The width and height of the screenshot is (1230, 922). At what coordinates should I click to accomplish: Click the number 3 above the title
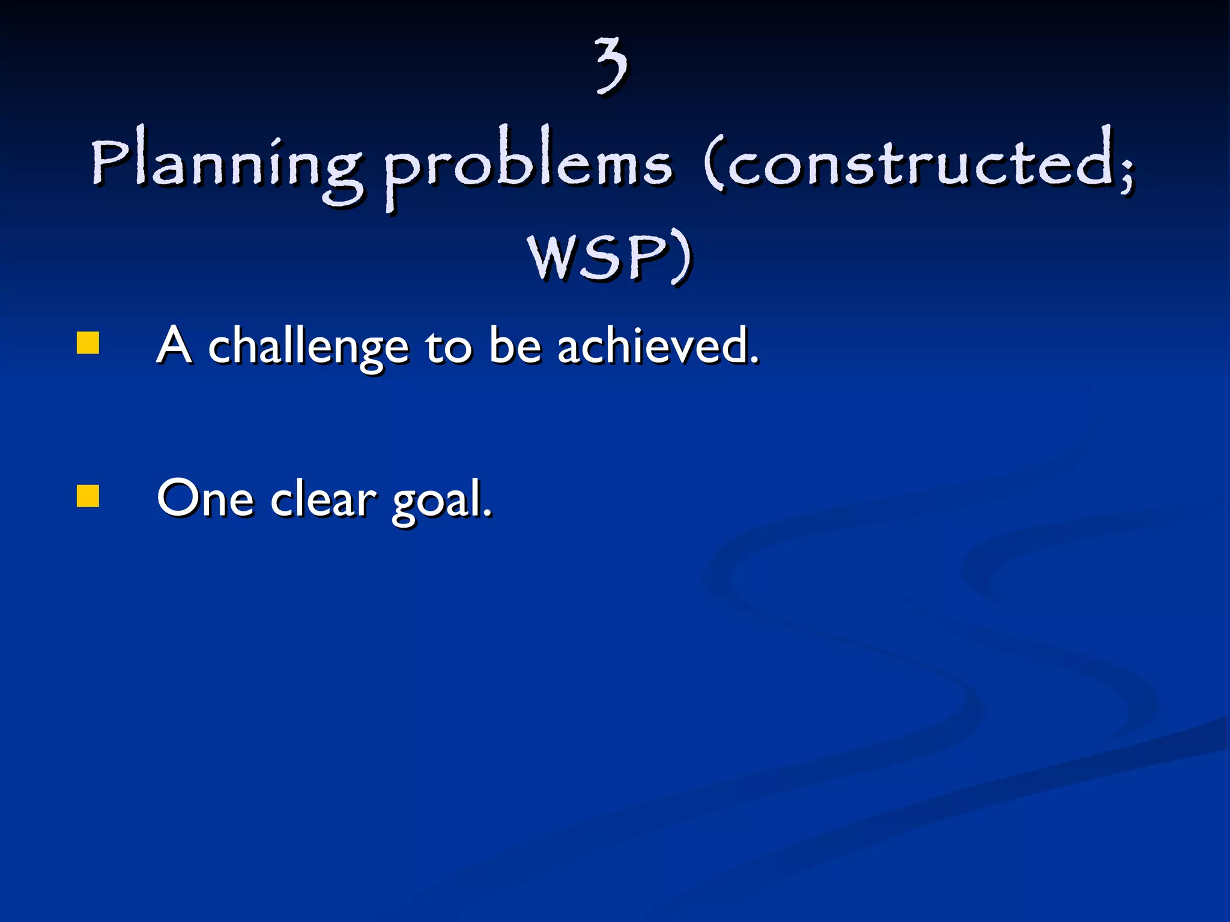point(611,65)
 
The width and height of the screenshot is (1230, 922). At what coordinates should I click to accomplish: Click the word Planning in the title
point(227,165)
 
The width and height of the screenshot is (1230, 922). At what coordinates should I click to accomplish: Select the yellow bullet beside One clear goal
point(88,496)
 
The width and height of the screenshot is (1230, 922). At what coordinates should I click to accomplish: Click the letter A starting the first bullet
point(174,346)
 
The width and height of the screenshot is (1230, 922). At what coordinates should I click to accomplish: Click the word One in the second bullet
point(205,498)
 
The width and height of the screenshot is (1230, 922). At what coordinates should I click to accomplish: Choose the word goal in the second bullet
point(437,501)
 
